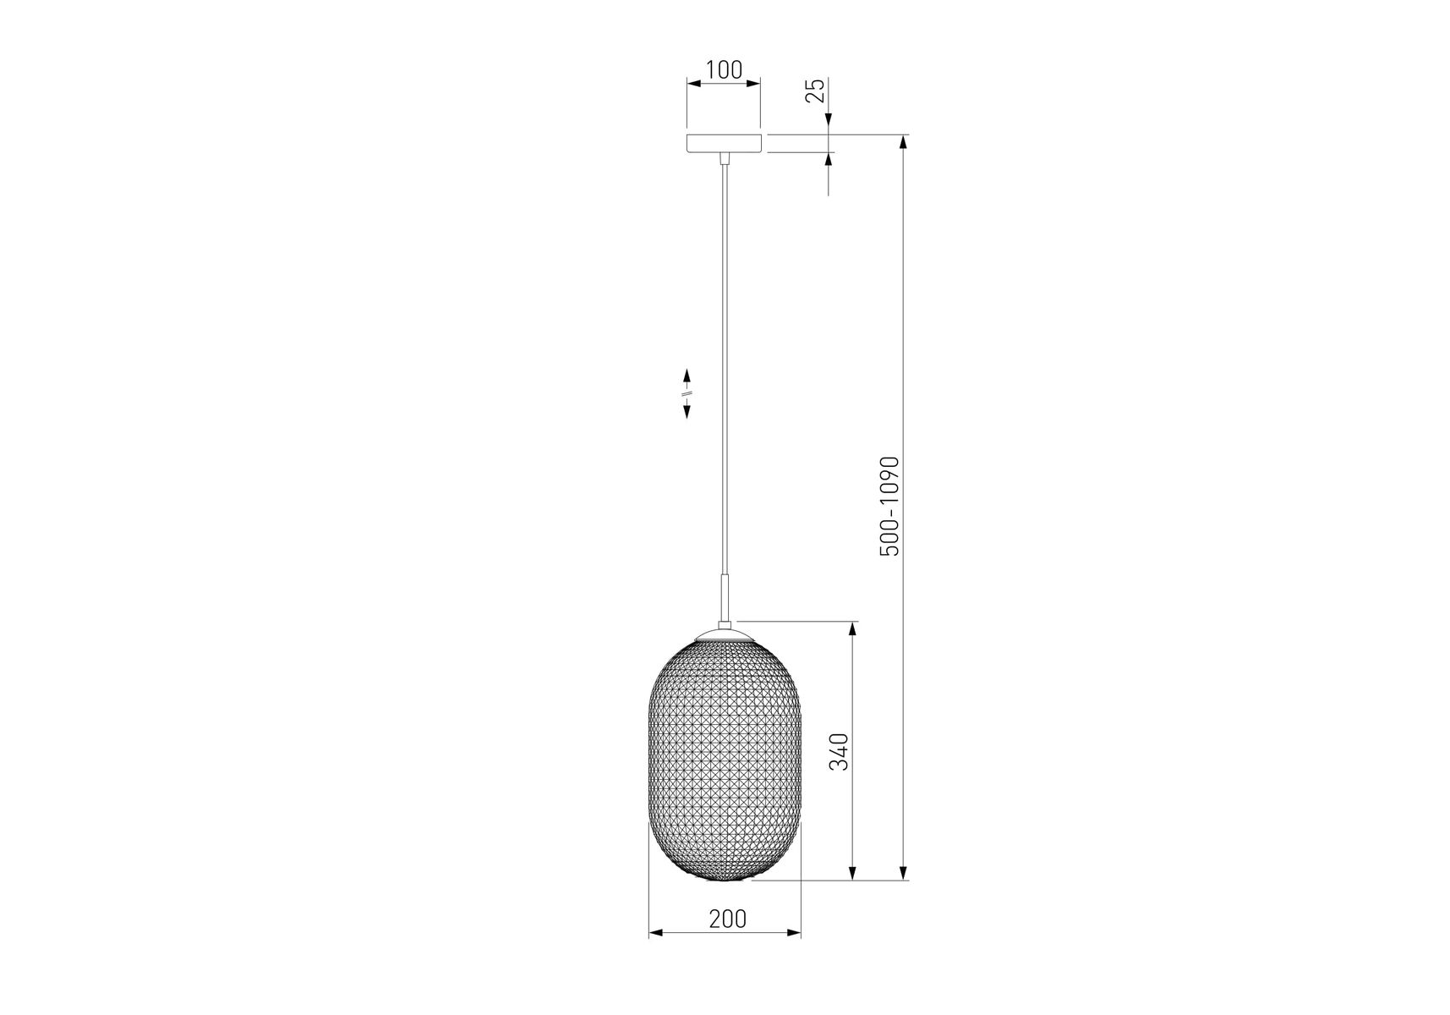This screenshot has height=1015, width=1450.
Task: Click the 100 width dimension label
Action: click(724, 69)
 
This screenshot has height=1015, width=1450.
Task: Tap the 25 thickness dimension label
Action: click(815, 91)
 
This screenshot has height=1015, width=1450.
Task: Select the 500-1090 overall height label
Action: click(890, 507)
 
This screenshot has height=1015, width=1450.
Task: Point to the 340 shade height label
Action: click(838, 752)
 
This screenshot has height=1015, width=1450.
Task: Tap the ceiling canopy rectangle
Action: click(723, 144)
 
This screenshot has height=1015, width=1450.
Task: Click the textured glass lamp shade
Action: click(725, 757)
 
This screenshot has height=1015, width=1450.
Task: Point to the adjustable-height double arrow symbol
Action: click(687, 393)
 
